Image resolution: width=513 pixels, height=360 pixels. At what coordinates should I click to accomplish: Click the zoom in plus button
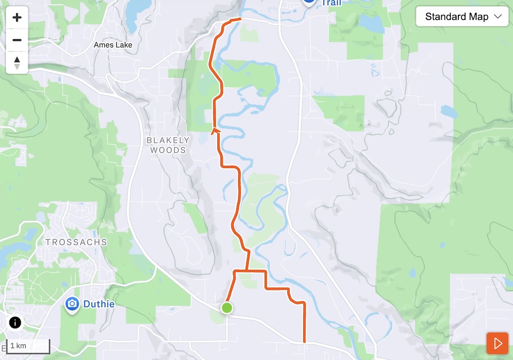17,18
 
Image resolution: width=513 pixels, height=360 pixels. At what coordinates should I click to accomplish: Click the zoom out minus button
17,40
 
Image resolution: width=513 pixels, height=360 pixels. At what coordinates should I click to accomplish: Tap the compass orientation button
17,62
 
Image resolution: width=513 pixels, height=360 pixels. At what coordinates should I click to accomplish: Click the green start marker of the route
227,307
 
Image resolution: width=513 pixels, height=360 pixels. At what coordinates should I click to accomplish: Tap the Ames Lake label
113,45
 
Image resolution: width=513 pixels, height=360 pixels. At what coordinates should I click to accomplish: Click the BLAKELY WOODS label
168,145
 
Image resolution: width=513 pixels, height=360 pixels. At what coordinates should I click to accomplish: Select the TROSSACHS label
76,242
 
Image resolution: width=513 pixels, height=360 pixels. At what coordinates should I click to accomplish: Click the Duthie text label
99,304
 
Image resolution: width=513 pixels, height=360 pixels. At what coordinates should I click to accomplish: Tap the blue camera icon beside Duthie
72,304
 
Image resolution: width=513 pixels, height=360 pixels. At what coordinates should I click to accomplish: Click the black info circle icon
15,322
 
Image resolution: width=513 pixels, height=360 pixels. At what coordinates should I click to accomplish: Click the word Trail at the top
331,3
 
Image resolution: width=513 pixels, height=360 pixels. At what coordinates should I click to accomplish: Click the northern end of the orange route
241,19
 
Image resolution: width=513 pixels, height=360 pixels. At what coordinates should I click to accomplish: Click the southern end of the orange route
304,342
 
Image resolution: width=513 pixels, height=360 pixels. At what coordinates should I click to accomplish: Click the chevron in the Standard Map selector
497,17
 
